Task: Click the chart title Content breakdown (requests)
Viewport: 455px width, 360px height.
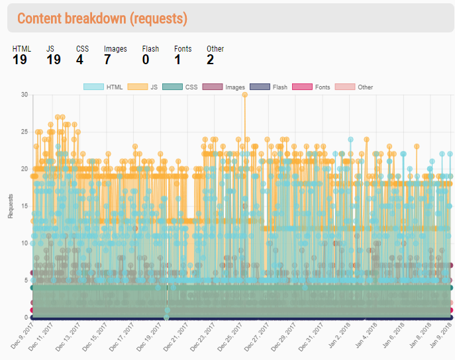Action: [x=102, y=19]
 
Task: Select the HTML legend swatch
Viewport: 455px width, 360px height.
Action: [x=93, y=87]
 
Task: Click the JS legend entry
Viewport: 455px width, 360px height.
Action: [x=142, y=87]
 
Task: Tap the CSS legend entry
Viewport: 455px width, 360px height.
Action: [x=180, y=87]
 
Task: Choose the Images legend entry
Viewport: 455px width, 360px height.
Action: [x=224, y=87]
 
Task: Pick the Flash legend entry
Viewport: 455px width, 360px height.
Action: [x=268, y=87]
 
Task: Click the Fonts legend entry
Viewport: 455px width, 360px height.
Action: [x=311, y=87]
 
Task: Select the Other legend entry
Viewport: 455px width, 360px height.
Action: [x=354, y=87]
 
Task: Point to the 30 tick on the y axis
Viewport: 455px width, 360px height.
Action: [x=25, y=95]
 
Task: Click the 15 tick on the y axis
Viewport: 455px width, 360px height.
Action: [x=25, y=206]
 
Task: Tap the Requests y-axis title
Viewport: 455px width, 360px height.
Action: [x=11, y=206]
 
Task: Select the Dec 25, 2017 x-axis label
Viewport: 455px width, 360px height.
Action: [x=230, y=337]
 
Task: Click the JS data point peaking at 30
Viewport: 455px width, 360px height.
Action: [x=245, y=95]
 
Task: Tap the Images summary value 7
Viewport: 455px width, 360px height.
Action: [x=107, y=60]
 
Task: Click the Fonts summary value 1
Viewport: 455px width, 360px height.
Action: [x=177, y=60]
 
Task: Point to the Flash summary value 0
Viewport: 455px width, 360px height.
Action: [x=146, y=60]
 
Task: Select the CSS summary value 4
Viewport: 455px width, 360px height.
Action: [x=79, y=60]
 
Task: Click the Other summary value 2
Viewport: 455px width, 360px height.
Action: [x=210, y=60]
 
